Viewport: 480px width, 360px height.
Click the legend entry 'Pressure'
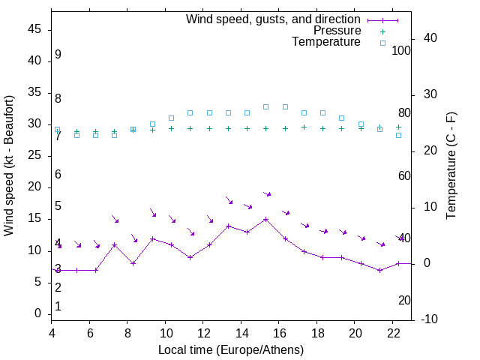click(337, 31)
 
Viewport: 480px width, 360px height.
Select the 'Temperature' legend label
click(326, 42)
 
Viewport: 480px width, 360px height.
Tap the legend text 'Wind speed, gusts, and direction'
click(274, 19)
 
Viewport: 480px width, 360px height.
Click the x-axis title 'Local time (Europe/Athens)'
click(231, 349)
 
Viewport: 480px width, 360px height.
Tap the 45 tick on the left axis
click(34, 30)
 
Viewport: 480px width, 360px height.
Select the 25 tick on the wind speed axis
click(34, 156)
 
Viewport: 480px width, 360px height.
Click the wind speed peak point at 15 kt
click(266, 219)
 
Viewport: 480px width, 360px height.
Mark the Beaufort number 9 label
click(58, 55)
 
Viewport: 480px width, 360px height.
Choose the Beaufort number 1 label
click(58, 306)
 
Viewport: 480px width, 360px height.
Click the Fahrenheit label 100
click(402, 50)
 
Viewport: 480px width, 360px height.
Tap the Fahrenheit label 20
click(404, 300)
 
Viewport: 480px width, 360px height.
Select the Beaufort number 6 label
click(58, 174)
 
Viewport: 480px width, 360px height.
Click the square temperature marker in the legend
click(382, 43)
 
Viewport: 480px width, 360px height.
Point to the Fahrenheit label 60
click(404, 175)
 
